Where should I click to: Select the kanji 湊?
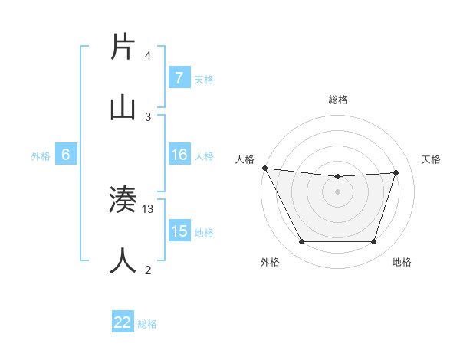[x=123, y=201]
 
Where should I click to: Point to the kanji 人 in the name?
[x=123, y=260]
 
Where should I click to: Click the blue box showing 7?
[x=179, y=78]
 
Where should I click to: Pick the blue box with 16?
[x=179, y=155]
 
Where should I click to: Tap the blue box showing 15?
[x=179, y=231]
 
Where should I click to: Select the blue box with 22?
[x=123, y=322]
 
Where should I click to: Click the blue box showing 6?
[x=66, y=155]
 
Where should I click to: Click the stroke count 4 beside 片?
[x=148, y=56]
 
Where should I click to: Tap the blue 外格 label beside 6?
[x=41, y=156]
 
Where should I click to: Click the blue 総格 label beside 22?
[x=147, y=324]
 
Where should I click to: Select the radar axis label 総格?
[x=338, y=100]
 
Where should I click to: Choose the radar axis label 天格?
[x=431, y=159]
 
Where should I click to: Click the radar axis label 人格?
[x=245, y=159]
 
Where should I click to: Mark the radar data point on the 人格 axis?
[x=264, y=168]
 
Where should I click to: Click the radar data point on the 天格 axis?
[x=396, y=172]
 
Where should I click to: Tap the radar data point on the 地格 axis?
[x=373, y=242]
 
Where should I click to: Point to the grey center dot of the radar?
[x=337, y=191]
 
